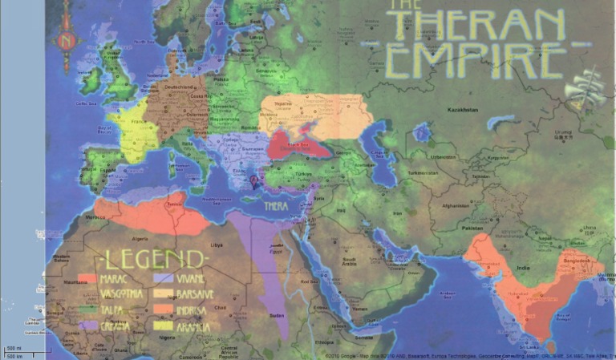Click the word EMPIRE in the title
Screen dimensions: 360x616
tap(474, 61)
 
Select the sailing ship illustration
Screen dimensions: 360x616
tap(585, 90)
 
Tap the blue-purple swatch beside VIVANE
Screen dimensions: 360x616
tap(163, 278)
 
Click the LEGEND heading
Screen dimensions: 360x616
tap(152, 258)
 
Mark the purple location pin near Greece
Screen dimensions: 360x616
tap(254, 182)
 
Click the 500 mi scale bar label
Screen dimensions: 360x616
tap(14, 348)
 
